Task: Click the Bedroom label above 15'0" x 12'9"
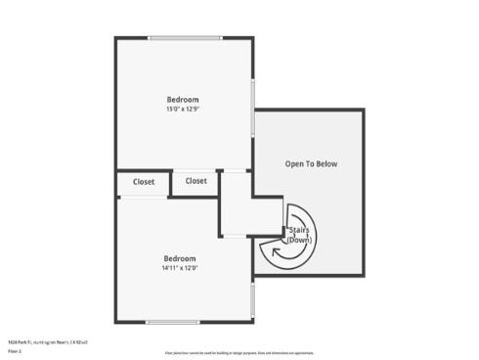point(183,100)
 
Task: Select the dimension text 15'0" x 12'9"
point(183,110)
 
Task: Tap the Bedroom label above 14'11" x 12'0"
point(180,258)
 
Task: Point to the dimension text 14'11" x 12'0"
point(180,268)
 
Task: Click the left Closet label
point(144,182)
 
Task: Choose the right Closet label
point(196,181)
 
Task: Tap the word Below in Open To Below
point(327,164)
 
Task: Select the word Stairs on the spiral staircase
point(299,231)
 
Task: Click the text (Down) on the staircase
point(299,240)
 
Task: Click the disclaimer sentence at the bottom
point(239,352)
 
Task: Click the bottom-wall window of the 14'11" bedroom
point(182,322)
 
